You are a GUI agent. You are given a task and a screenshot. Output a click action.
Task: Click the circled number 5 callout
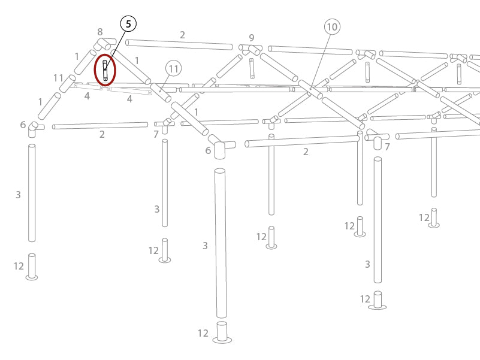[x=128, y=24]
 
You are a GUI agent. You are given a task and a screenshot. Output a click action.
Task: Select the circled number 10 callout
[x=332, y=26]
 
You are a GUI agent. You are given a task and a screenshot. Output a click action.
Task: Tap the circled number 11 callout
[x=173, y=69]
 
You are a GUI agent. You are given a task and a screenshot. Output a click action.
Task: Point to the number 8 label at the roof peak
[x=100, y=32]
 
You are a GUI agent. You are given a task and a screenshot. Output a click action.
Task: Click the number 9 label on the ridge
[x=252, y=38]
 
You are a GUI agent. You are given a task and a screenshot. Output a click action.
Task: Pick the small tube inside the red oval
[x=105, y=70]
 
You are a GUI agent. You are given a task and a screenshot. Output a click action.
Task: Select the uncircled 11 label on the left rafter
[x=58, y=78]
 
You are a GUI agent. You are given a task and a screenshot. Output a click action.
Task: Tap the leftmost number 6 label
[x=23, y=125]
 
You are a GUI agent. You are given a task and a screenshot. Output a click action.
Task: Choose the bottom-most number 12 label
[x=203, y=333]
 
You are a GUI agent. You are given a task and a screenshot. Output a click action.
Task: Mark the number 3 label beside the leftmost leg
[x=18, y=195]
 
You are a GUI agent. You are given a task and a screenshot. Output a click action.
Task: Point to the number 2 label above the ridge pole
[x=182, y=35]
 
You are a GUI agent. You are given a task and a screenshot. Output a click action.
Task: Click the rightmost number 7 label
[x=388, y=147]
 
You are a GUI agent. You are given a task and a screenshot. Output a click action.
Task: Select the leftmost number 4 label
[x=87, y=96]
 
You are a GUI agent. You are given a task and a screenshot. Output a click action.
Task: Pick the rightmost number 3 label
[x=367, y=264]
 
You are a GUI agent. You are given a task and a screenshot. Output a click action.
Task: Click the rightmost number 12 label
[x=424, y=217]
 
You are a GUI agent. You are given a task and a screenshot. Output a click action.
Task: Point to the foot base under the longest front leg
[x=222, y=333]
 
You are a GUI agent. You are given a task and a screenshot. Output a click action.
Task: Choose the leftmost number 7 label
[x=156, y=135]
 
